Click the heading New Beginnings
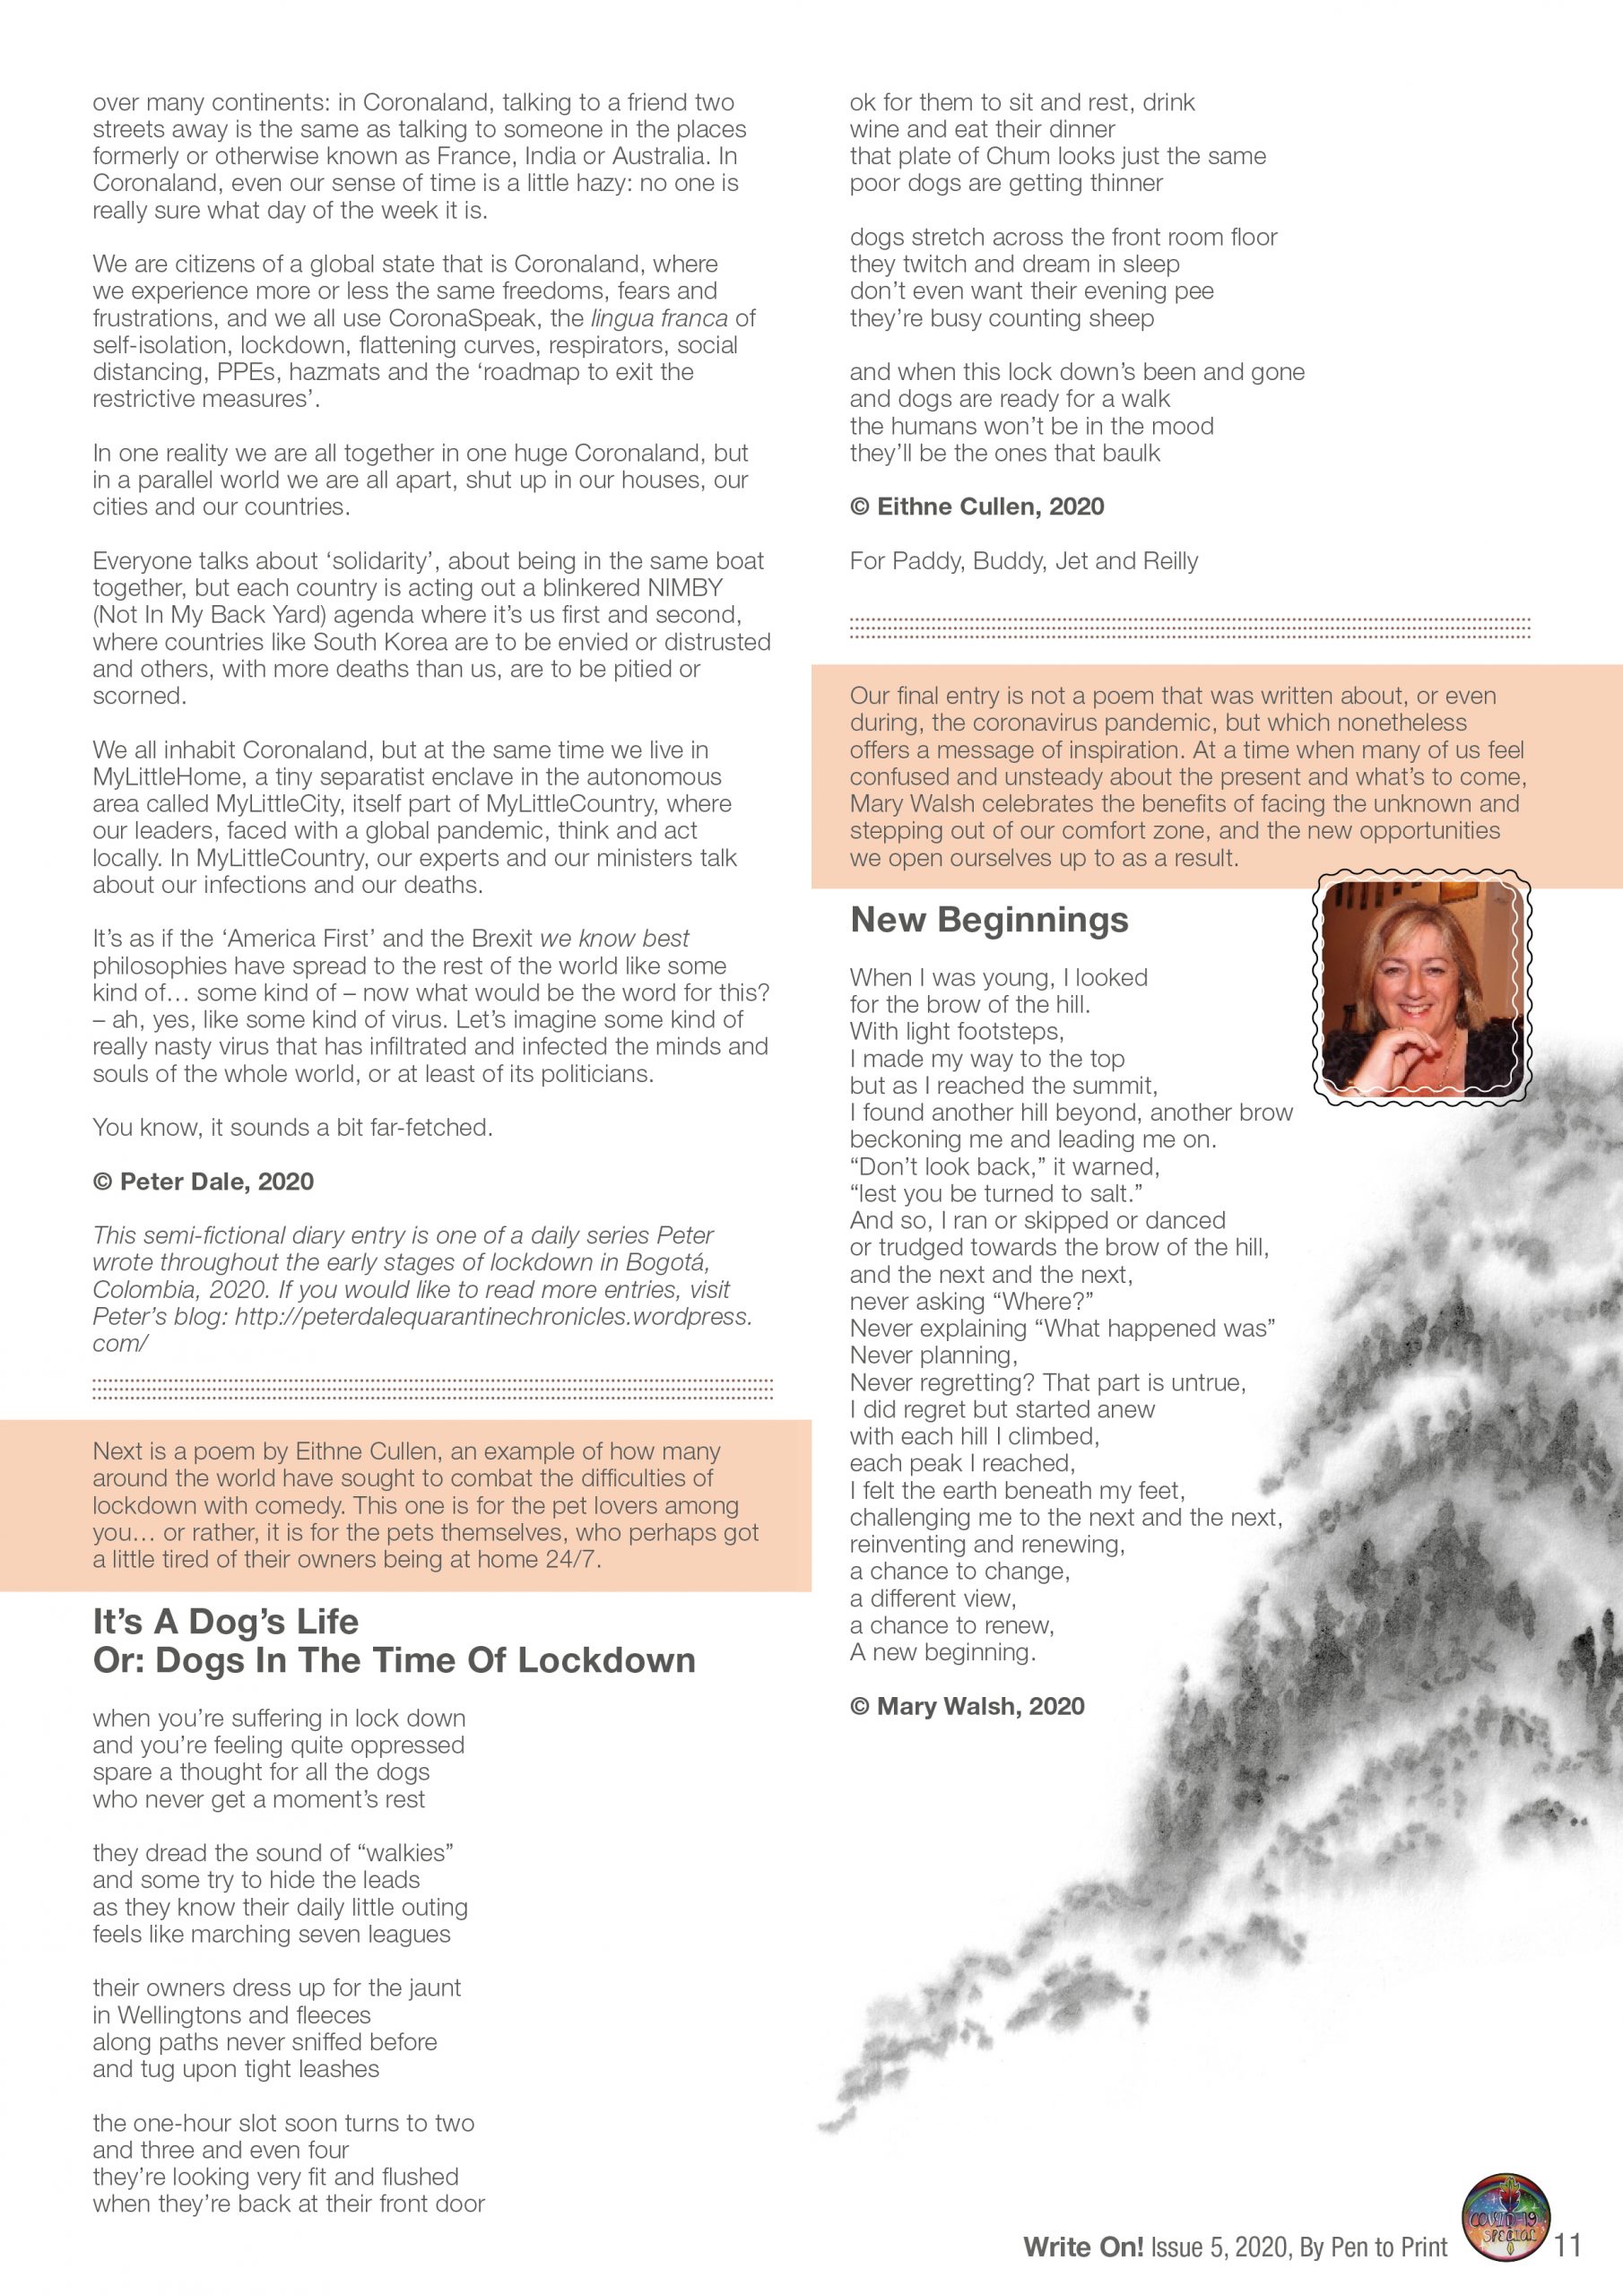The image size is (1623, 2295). pyautogui.click(x=989, y=920)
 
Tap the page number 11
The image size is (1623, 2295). pyautogui.click(x=1568, y=2245)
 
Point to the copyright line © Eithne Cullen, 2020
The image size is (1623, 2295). pyautogui.click(x=977, y=507)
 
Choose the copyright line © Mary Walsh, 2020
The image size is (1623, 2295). pyautogui.click(x=967, y=1706)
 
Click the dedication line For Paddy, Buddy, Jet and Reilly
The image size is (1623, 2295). pyautogui.click(x=1023, y=561)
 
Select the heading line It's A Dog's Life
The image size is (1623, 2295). pyautogui.click(x=225, y=1620)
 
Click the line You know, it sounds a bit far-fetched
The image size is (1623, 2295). pyautogui.click(x=293, y=1128)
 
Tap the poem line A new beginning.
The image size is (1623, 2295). pyautogui.click(x=942, y=1652)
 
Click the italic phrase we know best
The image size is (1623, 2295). pyautogui.click(x=614, y=939)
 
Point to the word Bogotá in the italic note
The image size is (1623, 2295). pyautogui.click(x=668, y=1262)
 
